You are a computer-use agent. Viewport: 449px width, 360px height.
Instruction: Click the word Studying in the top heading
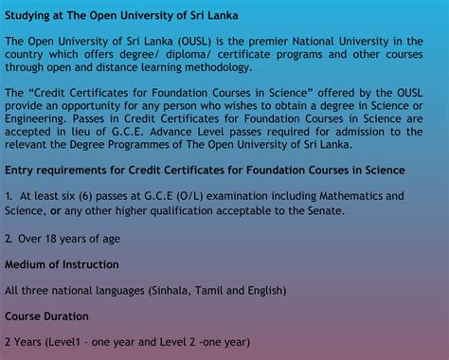pos(30,16)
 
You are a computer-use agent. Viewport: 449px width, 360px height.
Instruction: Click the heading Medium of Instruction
pos(63,263)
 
